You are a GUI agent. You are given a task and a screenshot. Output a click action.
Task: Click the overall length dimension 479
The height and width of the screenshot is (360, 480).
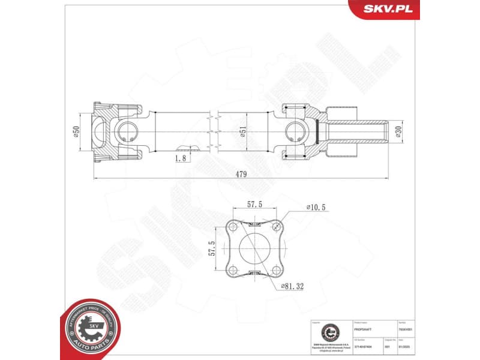(x=241, y=174)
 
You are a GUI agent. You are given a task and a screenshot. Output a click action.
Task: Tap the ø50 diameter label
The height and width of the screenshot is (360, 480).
(x=77, y=131)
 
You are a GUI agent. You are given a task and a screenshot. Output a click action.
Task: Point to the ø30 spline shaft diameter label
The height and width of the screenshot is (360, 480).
(x=397, y=132)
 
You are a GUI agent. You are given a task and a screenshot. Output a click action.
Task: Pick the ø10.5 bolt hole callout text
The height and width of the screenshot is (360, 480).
(x=315, y=207)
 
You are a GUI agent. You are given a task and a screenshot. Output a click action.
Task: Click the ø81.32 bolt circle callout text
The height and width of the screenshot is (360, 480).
(x=292, y=287)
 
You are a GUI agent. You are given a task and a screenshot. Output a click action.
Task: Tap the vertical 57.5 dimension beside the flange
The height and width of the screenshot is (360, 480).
(x=212, y=248)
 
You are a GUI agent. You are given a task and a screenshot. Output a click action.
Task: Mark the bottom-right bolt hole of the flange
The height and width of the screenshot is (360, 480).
(x=275, y=269)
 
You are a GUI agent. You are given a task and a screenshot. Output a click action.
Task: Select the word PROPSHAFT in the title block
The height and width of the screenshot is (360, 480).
(x=364, y=329)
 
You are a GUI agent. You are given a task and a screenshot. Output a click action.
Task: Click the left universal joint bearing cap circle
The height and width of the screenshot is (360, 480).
(x=127, y=131)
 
